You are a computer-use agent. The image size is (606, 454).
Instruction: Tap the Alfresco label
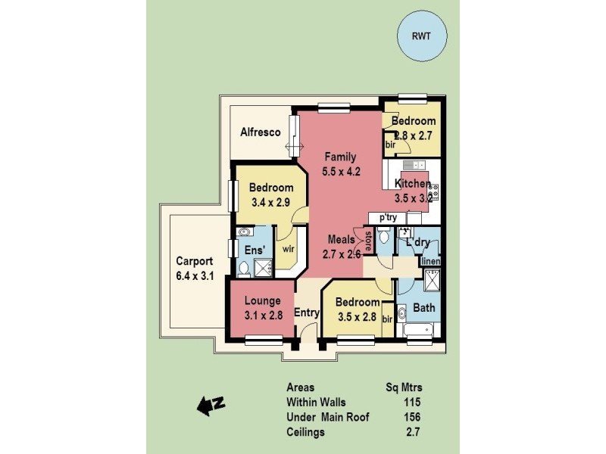pyautogui.click(x=261, y=132)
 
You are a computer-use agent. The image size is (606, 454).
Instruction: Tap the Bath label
pyautogui.click(x=424, y=308)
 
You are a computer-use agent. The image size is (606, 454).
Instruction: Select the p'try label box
pyautogui.click(x=388, y=218)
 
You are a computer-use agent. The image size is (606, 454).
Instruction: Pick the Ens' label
pyautogui.click(x=252, y=250)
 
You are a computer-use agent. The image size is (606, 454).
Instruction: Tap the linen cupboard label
pyautogui.click(x=430, y=261)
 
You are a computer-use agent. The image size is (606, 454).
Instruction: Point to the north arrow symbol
pyautogui.click(x=211, y=406)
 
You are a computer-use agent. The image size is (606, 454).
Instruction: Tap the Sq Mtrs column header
pyautogui.click(x=403, y=387)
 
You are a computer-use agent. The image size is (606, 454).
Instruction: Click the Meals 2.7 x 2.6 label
pyautogui.click(x=341, y=247)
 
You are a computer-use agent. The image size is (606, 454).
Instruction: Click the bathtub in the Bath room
pyautogui.click(x=417, y=330)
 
